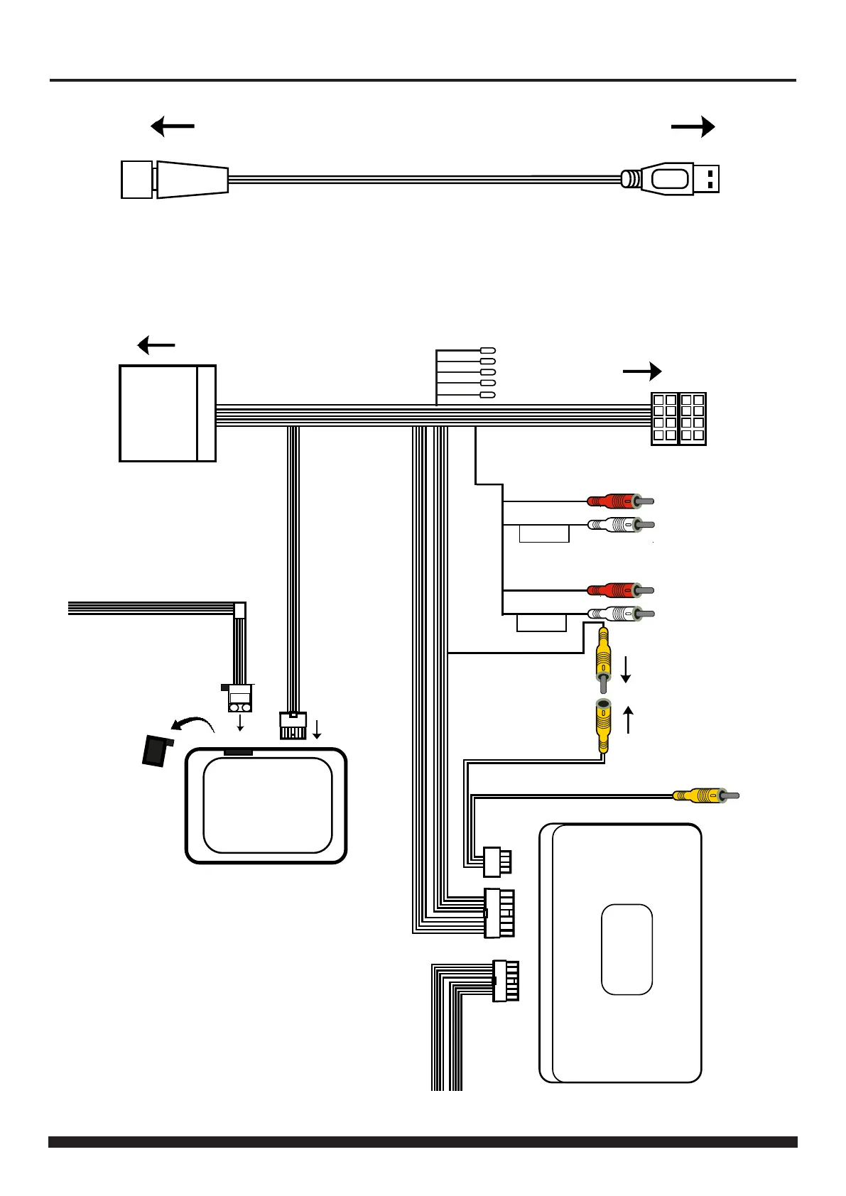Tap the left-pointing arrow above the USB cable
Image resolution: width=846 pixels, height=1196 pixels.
pyautogui.click(x=173, y=127)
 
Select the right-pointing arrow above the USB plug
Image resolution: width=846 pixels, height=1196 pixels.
pyautogui.click(x=693, y=127)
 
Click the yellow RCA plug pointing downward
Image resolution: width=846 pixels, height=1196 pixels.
pyautogui.click(x=603, y=660)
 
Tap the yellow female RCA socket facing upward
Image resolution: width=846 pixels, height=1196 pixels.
pyautogui.click(x=603, y=724)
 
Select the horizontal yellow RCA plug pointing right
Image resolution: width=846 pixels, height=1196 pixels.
pyautogui.click(x=703, y=795)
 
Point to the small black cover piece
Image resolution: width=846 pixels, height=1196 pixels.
pyautogui.click(x=157, y=751)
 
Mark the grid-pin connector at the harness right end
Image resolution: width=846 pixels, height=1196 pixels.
pyautogui.click(x=678, y=419)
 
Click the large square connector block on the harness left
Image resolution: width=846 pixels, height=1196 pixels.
pyautogui.click(x=168, y=413)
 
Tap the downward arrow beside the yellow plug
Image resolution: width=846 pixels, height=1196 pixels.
pyautogui.click(x=626, y=669)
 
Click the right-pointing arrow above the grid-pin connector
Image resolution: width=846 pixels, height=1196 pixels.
pyautogui.click(x=642, y=371)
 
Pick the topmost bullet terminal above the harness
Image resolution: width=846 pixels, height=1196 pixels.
pyautogui.click(x=488, y=351)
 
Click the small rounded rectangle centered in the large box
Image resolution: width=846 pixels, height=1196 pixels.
pyautogui.click(x=627, y=949)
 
